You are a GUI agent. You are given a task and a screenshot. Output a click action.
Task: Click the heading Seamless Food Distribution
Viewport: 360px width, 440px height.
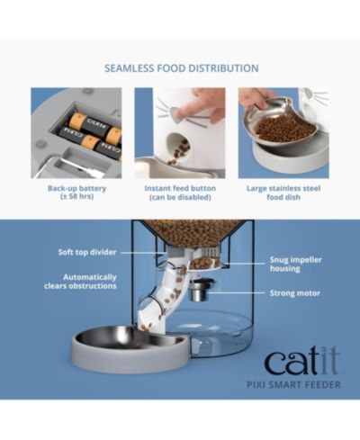[182, 68]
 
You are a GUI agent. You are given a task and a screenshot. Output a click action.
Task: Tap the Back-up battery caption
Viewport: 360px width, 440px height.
[76, 193]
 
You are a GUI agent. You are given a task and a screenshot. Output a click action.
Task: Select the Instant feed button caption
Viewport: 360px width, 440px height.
[180, 193]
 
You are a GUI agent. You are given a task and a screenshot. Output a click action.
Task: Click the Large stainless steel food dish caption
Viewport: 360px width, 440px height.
[283, 193]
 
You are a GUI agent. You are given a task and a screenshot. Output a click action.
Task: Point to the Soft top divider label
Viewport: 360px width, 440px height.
[87, 252]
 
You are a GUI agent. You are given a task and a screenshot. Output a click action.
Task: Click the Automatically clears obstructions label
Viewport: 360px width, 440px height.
[80, 282]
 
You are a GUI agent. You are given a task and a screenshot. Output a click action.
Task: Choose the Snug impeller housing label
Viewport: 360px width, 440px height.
[296, 264]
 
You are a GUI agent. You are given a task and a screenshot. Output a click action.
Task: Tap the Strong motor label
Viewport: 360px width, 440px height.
[295, 293]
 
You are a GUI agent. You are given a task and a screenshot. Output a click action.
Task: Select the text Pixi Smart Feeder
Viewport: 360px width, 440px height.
[293, 384]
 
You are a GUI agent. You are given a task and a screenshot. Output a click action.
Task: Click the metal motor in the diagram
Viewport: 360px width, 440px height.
[201, 290]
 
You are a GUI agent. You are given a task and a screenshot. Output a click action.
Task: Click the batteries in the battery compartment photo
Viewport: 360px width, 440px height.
[90, 133]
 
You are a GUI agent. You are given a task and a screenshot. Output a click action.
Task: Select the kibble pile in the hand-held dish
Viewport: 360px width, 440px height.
[285, 129]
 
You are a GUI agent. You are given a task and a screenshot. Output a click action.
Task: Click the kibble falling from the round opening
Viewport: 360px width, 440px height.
[179, 152]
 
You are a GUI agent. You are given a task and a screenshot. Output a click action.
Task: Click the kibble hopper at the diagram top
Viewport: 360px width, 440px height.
[193, 233]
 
